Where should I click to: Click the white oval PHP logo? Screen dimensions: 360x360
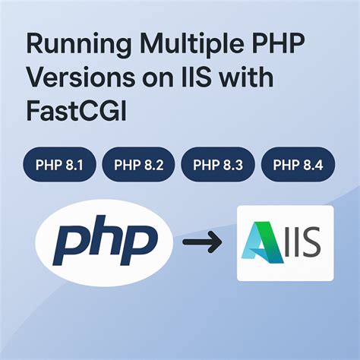coord(103,242)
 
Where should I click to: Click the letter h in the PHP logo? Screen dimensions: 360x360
coord(103,242)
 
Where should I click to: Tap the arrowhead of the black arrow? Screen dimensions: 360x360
coord(216,243)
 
